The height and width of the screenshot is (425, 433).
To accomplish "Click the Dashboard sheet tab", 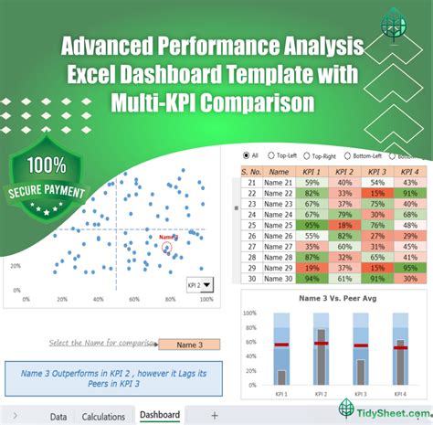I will [x=160, y=416].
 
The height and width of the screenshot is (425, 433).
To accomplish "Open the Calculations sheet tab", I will [x=103, y=417].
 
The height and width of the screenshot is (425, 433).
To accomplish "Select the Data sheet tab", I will [x=58, y=417].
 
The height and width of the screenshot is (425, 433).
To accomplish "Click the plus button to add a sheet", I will [x=214, y=416].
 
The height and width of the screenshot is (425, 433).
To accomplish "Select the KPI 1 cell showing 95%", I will [x=313, y=225].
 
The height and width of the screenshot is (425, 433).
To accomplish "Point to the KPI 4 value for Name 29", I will [x=406, y=269].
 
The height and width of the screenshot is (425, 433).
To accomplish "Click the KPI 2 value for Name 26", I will [x=344, y=236].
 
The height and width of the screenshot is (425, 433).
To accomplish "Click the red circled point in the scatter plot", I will [x=167, y=245].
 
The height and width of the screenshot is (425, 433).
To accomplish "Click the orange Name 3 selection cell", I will [x=189, y=345].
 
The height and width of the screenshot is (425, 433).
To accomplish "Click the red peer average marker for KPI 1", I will [x=281, y=345].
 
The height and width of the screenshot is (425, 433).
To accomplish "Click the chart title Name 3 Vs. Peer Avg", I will [x=335, y=298].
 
